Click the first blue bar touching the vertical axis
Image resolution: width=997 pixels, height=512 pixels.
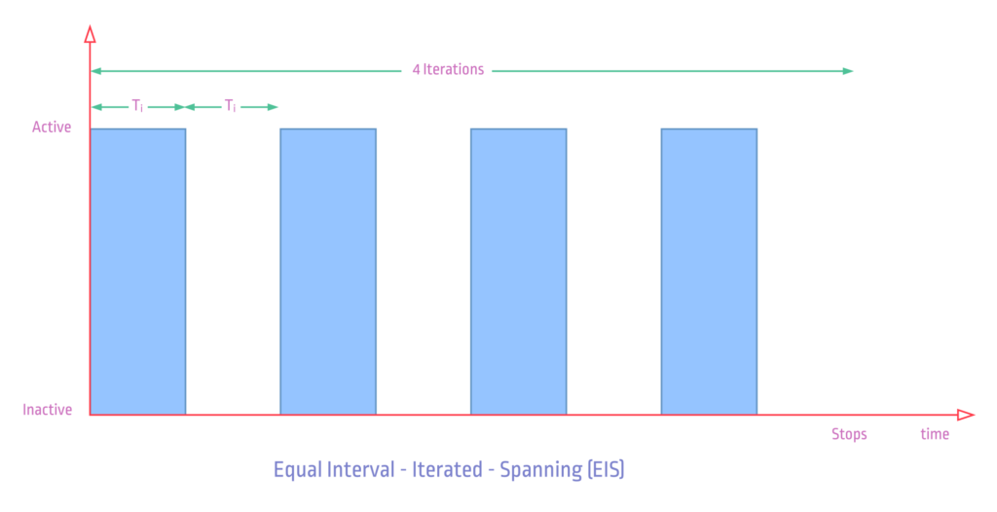point(138,272)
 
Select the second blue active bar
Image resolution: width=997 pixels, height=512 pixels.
point(328,272)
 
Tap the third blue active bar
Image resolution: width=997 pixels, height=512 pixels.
point(518,272)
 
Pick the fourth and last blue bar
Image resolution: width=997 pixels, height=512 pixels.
point(709,272)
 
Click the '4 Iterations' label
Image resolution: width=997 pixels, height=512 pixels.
point(448,69)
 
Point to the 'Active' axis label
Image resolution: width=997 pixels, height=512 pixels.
point(52,128)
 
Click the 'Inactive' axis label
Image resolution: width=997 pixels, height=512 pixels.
point(47,410)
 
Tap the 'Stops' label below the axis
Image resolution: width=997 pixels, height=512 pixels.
point(849,434)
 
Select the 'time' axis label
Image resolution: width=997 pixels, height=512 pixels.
point(935,434)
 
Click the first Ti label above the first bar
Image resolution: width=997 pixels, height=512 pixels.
point(137,106)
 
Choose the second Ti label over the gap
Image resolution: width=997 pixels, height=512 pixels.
point(230,106)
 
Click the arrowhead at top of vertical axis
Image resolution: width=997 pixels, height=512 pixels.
point(91,34)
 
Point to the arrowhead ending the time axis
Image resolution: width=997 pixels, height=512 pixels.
point(966,415)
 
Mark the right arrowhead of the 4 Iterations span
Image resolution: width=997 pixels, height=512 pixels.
point(848,71)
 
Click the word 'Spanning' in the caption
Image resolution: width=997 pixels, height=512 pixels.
point(540,470)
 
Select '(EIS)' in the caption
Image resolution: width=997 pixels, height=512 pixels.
point(606,470)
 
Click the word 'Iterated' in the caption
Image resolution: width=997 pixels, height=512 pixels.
point(447,470)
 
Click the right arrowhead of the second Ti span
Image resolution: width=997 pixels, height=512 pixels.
point(273,107)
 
